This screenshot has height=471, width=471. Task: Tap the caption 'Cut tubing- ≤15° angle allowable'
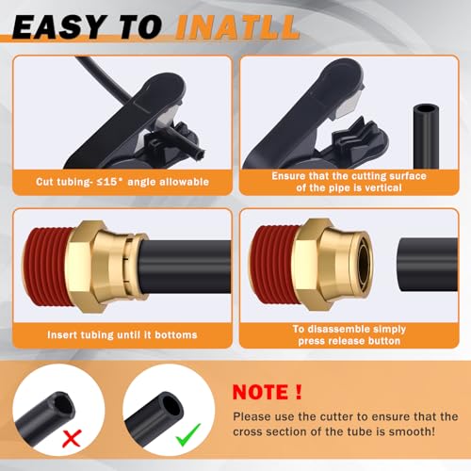(118, 181)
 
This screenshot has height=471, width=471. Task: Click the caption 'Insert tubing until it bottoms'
(118, 334)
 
